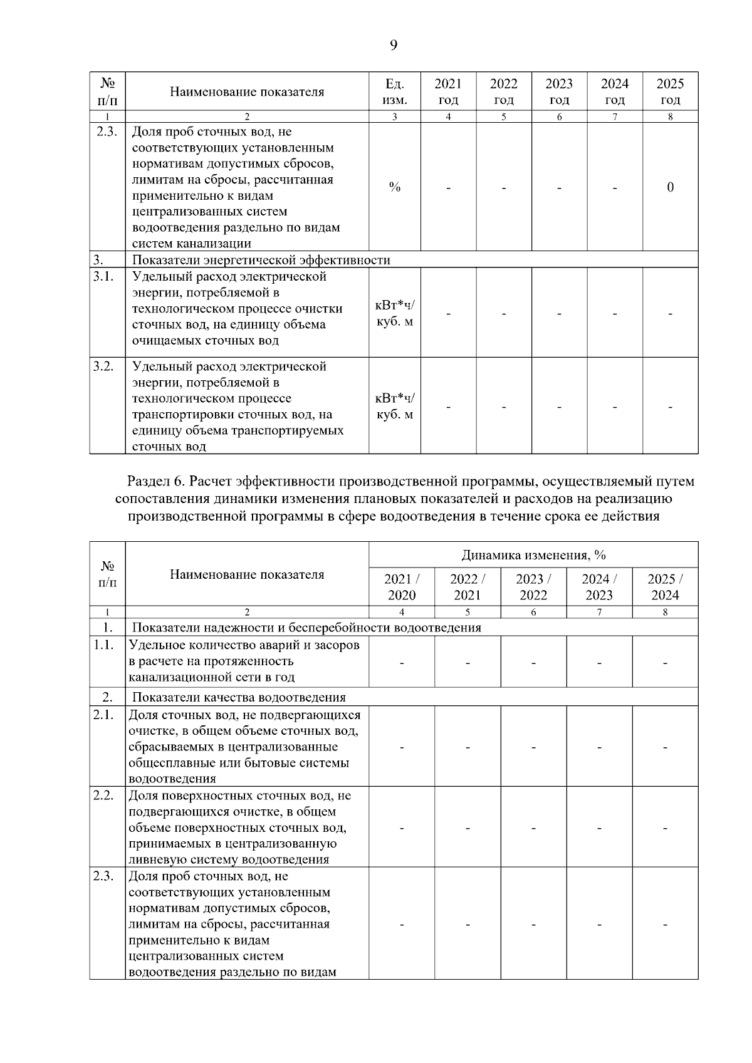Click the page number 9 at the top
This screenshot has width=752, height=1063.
click(x=393, y=44)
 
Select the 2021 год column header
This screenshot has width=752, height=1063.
click(x=448, y=91)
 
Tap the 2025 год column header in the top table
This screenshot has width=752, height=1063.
click(x=670, y=91)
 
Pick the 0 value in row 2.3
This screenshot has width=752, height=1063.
click(x=670, y=187)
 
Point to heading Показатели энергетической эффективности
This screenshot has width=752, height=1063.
click(x=261, y=260)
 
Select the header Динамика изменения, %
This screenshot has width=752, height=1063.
click(x=533, y=555)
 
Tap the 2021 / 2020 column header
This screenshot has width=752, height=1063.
click(x=402, y=587)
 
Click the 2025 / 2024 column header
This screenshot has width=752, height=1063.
click(x=665, y=587)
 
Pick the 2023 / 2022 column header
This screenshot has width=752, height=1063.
click(x=533, y=587)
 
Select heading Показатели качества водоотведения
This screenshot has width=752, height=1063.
click(x=239, y=697)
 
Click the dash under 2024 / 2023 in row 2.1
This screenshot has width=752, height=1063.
click(x=599, y=747)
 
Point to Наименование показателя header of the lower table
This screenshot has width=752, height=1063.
click(x=247, y=574)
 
